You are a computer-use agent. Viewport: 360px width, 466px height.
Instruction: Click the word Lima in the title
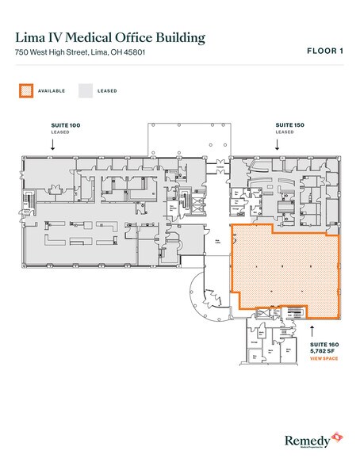(x=31, y=37)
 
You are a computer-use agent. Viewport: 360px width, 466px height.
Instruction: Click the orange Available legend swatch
(x=25, y=90)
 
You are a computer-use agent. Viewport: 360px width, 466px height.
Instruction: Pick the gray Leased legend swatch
(x=85, y=90)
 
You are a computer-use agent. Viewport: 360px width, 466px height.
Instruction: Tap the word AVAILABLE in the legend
(x=52, y=90)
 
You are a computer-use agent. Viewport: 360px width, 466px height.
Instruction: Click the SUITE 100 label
(x=63, y=126)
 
